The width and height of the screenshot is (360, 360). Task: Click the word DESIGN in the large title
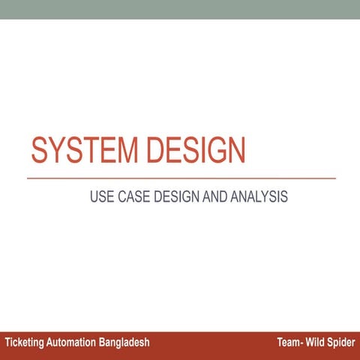point(196,150)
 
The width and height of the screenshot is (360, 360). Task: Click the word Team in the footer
point(288,342)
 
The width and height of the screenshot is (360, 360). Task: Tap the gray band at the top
point(180,9)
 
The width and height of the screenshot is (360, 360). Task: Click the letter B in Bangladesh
point(103,342)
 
